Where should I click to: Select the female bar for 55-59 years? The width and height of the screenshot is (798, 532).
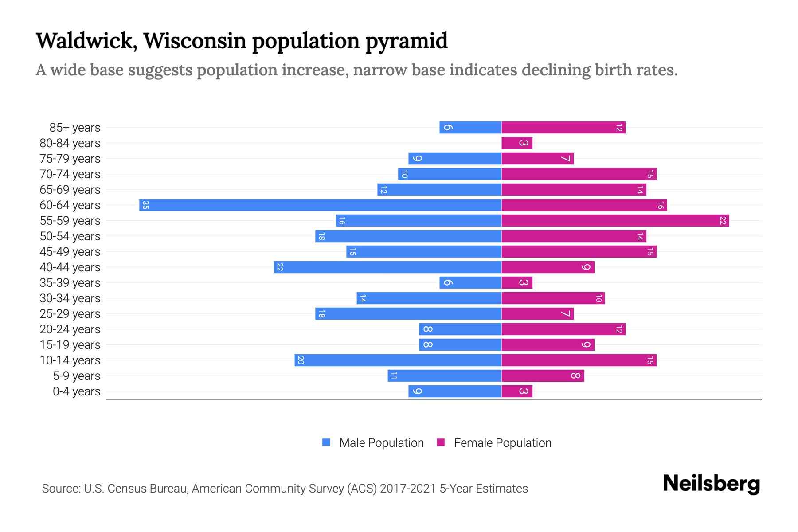615,220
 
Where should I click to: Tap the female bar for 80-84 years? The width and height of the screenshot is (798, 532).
516,143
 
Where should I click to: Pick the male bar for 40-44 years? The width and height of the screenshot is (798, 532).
387,267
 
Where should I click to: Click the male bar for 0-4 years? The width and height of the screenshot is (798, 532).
454,391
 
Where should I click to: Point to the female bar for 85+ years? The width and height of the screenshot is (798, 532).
563,127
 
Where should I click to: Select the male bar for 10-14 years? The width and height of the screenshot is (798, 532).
398,360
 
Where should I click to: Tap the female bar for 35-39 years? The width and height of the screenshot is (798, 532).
516,282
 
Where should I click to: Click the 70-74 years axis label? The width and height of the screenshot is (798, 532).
70,174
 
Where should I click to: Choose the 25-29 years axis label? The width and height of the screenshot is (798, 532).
70,314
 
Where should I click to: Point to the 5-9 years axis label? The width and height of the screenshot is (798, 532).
77,376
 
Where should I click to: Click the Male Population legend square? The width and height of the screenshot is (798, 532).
326,442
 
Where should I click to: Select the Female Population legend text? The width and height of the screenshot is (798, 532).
502,443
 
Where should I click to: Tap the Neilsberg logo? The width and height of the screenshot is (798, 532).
711,484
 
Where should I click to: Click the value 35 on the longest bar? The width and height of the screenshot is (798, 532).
145,205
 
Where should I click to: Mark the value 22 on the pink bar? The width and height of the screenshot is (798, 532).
723,221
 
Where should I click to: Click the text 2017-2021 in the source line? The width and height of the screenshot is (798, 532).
408,489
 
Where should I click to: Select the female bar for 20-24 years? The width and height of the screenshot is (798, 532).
563,329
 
